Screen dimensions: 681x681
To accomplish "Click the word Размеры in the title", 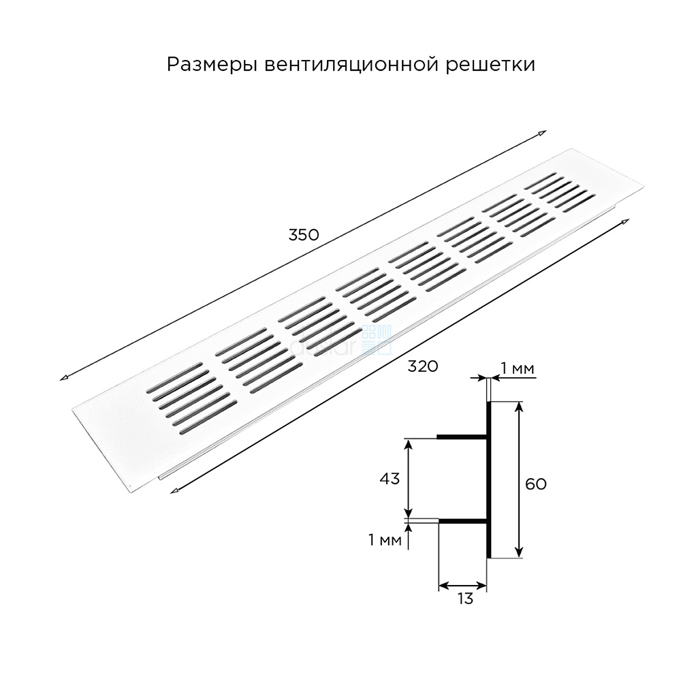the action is pos(212,65).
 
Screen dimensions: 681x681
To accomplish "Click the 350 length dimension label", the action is pos(304,235).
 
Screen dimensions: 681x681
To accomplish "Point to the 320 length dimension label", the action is pos(423,366).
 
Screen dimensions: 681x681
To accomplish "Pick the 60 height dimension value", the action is pos(535,484).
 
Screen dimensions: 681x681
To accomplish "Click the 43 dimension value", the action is pos(390,479).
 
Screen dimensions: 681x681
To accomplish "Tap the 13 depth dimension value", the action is pos(464,599).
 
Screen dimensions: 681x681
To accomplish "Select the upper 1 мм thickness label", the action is pos(518,368).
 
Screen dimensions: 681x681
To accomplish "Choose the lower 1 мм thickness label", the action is pos(385,540).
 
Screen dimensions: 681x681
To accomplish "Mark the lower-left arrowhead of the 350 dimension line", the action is pos(64,377).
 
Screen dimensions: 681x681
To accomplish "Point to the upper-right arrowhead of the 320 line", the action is pos(625,221).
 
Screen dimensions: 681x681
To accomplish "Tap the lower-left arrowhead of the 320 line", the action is pos(174,491).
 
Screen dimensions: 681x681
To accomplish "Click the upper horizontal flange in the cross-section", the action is pos(462,437).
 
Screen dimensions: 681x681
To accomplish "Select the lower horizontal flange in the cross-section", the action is pos(463,520).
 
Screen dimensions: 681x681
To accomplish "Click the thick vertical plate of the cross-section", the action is pos(488,479).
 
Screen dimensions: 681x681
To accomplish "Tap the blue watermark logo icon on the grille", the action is pos(377,339).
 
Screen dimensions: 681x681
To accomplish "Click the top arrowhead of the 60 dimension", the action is pos(519,406).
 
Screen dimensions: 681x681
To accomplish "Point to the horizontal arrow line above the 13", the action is pos(462,586).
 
